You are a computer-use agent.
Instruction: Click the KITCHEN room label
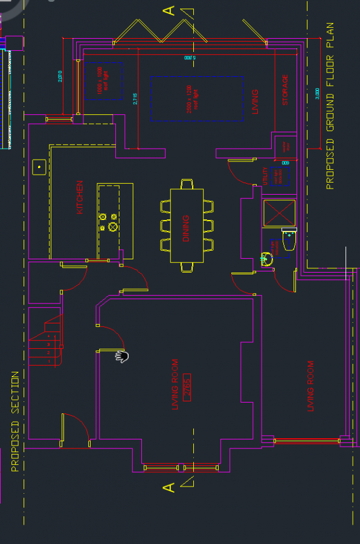[x=80, y=198]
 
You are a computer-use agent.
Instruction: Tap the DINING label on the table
[x=186, y=228]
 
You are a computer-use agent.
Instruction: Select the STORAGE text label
[x=285, y=90]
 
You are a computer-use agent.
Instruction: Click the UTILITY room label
[x=266, y=176]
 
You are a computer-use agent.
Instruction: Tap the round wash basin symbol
[x=266, y=259]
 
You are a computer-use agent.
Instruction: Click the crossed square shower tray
[x=279, y=213]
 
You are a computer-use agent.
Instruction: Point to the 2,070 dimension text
[x=60, y=76]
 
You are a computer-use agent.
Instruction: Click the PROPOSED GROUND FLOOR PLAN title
[x=330, y=106]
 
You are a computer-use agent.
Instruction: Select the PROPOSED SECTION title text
[x=15, y=421]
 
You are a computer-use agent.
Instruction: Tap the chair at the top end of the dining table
[x=187, y=184]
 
